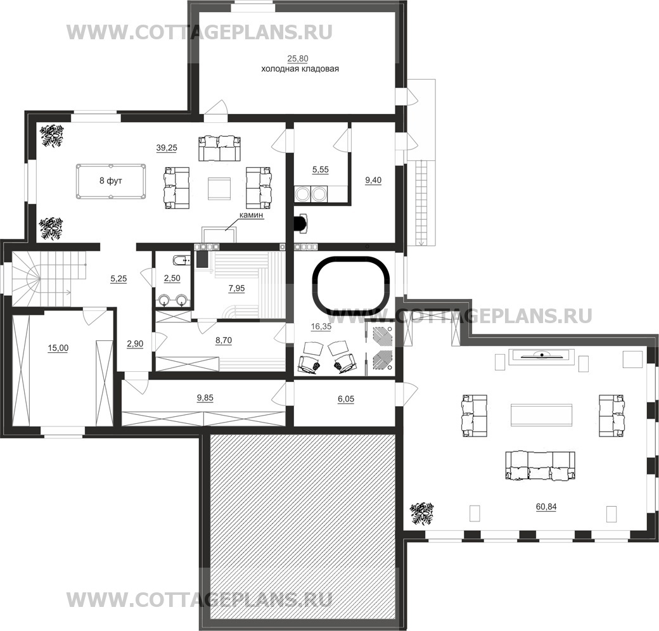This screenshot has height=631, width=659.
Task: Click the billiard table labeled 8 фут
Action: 111,181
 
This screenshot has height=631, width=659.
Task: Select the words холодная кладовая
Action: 300,69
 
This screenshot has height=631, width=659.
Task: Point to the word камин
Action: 251,215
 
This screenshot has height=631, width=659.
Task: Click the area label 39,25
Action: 167,148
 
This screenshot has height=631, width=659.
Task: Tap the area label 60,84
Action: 546,507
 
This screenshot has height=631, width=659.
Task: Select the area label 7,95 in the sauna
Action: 236,289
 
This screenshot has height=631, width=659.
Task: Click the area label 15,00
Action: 58,348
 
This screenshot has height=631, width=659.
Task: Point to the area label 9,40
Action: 373,181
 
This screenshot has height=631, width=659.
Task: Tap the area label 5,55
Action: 320,170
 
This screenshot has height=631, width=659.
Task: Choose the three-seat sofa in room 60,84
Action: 540,466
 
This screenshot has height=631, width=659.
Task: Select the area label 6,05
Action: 346,399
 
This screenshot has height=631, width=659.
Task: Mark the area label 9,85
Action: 205,398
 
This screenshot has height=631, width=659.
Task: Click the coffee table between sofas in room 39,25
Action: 219,187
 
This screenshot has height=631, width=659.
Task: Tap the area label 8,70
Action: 224,341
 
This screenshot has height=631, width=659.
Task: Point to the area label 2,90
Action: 135,344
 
